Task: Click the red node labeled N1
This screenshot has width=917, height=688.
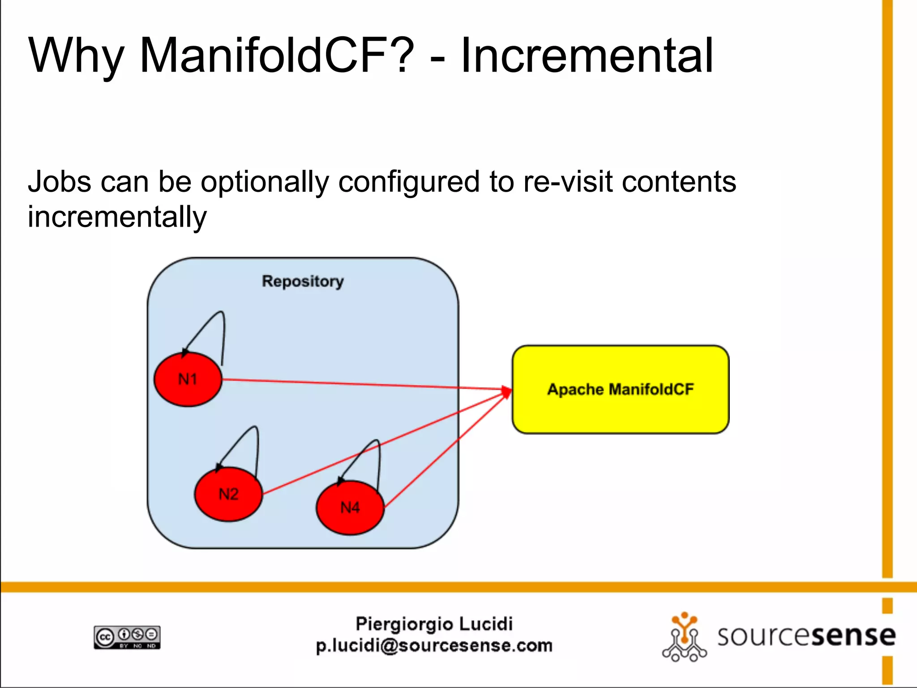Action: point(188,379)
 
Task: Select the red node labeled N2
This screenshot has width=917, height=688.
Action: point(228,494)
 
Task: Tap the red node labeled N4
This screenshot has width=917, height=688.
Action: point(350,507)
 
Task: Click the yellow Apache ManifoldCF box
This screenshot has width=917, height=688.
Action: point(621,389)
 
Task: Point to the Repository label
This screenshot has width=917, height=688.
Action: point(303,281)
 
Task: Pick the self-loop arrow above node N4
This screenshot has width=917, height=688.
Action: point(369,457)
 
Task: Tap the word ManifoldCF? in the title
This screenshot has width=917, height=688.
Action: point(277,56)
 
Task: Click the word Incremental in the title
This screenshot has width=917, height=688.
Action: point(587,56)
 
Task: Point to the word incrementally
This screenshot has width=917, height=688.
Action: point(117,217)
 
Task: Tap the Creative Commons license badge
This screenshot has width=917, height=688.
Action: point(127,637)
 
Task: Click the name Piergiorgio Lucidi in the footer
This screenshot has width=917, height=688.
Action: point(434,623)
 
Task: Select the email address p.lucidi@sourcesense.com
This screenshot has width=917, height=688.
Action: point(434,646)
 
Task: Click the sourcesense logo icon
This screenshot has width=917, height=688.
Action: point(684,637)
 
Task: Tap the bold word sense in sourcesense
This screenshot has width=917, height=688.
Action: point(853,636)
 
